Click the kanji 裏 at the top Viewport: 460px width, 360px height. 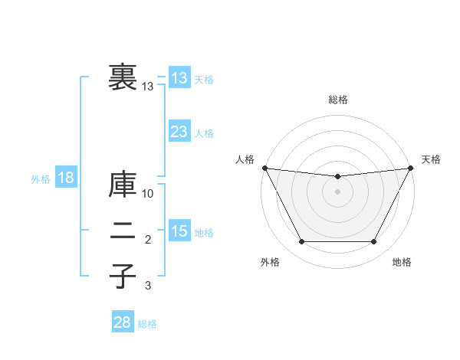tap(123, 77)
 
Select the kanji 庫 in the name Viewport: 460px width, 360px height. tap(123, 186)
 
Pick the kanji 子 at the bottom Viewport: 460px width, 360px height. tap(123, 276)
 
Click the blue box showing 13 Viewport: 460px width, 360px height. tap(179, 77)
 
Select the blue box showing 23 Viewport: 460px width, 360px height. tap(179, 132)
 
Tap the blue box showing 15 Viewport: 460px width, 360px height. tap(179, 231)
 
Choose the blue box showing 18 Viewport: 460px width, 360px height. tap(65, 178)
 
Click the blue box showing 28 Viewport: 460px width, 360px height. tap(122, 322)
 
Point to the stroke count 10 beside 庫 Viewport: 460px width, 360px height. tap(148, 193)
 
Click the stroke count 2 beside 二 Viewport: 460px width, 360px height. tap(148, 241)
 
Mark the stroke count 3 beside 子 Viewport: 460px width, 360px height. tap(148, 286)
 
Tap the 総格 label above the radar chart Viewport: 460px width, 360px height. tap(337, 100)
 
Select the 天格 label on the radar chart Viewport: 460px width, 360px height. tap(431, 159)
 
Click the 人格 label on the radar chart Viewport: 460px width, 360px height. tap(245, 159)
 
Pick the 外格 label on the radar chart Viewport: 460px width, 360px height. tap(270, 263)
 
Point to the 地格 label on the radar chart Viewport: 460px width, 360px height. tap(402, 263)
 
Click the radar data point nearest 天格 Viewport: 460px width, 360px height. tap(411, 168)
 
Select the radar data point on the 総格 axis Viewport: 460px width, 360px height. tap(337, 177)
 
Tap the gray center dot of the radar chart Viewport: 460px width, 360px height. tap(337, 191)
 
